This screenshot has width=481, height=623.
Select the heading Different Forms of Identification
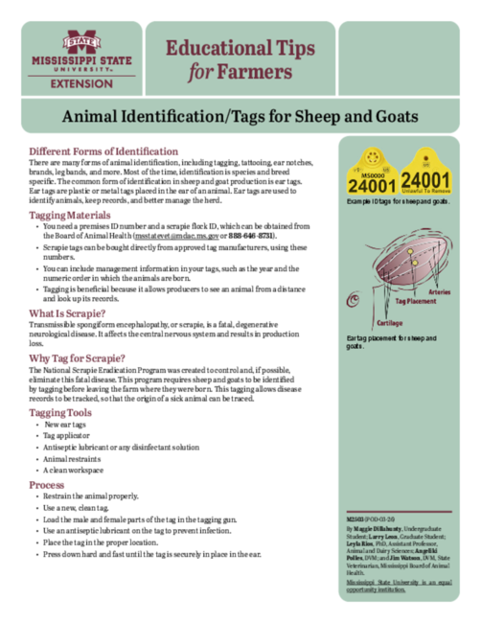(113, 152)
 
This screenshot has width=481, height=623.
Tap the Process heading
(47, 485)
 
